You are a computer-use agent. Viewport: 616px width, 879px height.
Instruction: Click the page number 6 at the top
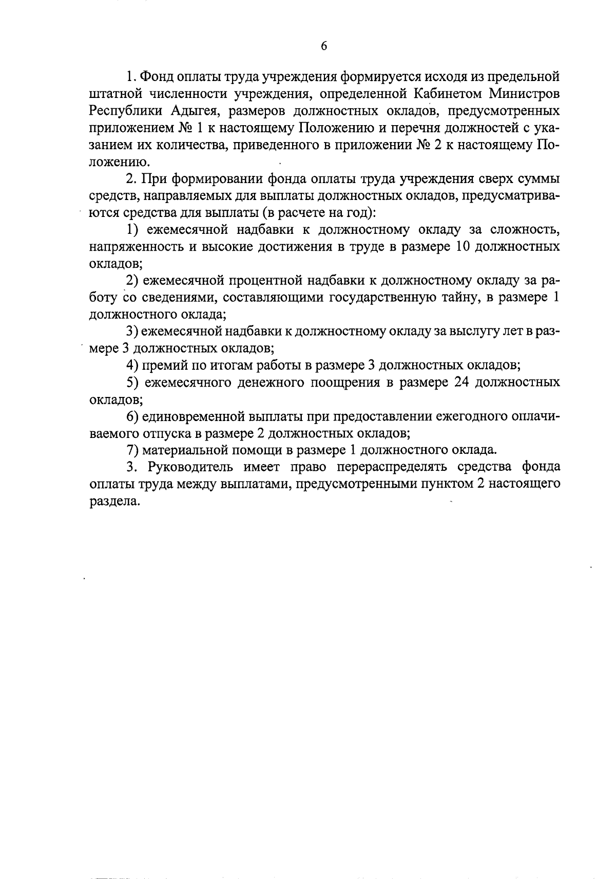pos(323,46)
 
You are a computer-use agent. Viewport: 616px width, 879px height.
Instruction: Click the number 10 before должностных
pos(460,246)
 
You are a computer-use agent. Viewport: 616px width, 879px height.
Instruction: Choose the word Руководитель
pos(189,467)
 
